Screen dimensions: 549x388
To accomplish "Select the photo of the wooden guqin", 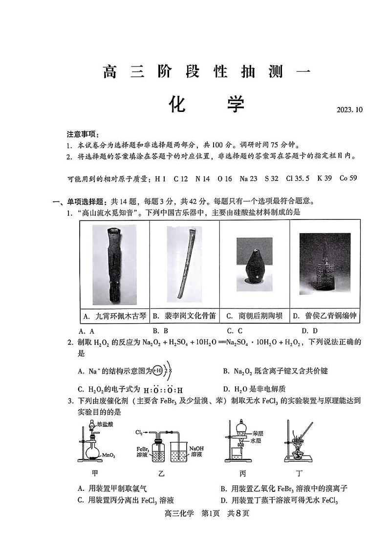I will (114, 264).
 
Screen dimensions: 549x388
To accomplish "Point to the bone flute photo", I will (184, 264).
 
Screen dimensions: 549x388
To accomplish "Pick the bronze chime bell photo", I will (325, 264).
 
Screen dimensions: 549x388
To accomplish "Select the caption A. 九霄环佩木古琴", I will (114, 316).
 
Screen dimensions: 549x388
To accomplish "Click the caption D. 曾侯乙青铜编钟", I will (324, 316).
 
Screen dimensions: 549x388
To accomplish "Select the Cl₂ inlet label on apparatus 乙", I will (139, 433).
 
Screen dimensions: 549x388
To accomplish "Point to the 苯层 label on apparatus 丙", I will (259, 433).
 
